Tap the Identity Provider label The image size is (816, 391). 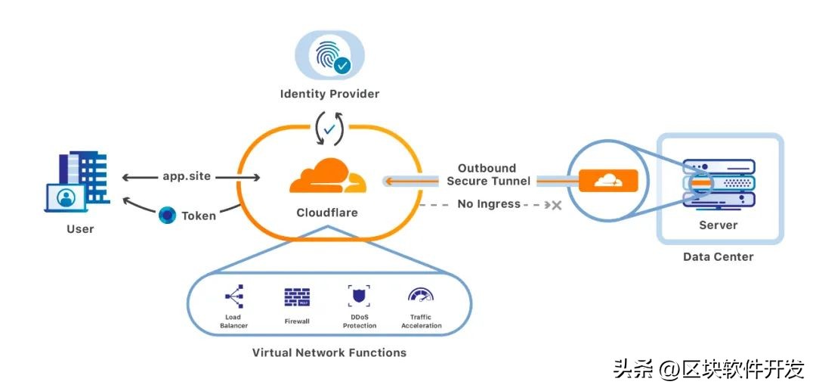point(329,94)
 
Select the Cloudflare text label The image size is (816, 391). point(327,213)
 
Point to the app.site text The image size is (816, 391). point(187,176)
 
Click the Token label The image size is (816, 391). point(199,216)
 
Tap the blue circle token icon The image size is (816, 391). point(168,215)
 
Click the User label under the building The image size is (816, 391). point(80,228)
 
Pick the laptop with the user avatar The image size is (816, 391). point(66,198)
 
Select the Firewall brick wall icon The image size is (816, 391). point(297,296)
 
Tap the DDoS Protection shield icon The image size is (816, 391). point(360,296)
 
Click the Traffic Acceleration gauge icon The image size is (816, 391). point(421,295)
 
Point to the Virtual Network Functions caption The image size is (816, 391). point(329,352)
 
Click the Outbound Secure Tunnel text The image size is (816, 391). point(487,174)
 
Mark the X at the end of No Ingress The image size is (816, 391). point(556,204)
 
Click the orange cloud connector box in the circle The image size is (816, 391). point(608,181)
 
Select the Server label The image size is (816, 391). point(718,225)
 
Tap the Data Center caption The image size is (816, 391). point(718,256)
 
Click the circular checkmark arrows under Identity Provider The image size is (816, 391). point(329,130)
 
